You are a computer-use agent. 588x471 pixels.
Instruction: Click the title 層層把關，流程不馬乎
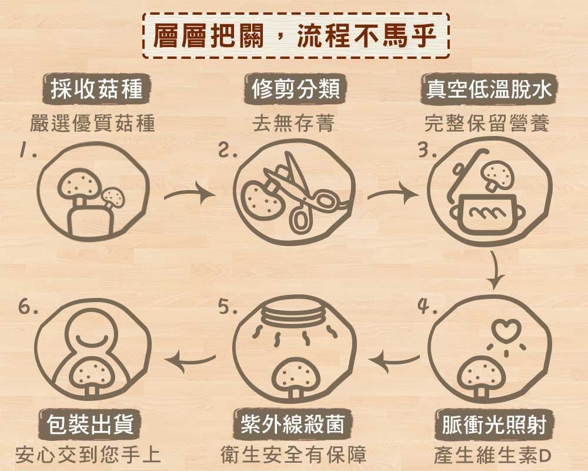pos(295,36)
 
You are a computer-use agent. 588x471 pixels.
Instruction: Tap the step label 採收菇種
pos(97,89)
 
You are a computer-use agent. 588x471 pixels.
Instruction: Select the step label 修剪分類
pos(296,89)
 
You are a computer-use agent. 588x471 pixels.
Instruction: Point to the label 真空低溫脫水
pos(489,89)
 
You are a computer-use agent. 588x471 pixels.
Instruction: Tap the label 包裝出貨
pos(90,424)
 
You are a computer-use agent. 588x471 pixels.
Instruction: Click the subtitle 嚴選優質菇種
pos(92,123)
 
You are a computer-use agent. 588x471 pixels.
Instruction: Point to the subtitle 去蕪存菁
pos(293,123)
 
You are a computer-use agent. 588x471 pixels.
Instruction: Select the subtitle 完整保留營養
pos(487,123)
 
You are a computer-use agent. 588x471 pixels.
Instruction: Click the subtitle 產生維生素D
pos(492,455)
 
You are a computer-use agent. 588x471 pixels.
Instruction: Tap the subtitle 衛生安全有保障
pos(293,455)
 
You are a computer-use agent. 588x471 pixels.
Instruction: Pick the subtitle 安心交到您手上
pos(89,455)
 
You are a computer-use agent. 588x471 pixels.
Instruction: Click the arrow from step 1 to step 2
pos(189,194)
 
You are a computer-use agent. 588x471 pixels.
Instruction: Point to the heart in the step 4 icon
pos(506,329)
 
